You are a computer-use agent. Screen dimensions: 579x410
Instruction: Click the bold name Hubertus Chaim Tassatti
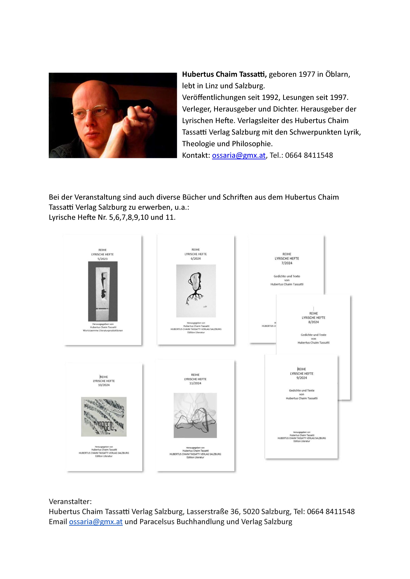pos(224,74)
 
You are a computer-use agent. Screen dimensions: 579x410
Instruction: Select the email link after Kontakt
pos(239,155)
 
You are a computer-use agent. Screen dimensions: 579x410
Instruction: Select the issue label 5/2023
pos(103,259)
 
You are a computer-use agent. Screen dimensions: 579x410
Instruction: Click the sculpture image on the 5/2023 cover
pos(103,291)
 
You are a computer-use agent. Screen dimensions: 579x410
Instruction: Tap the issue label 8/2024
pos(313,322)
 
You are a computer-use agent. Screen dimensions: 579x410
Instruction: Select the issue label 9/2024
pos(302,378)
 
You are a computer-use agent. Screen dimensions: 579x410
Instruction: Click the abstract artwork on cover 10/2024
pos(104,417)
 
